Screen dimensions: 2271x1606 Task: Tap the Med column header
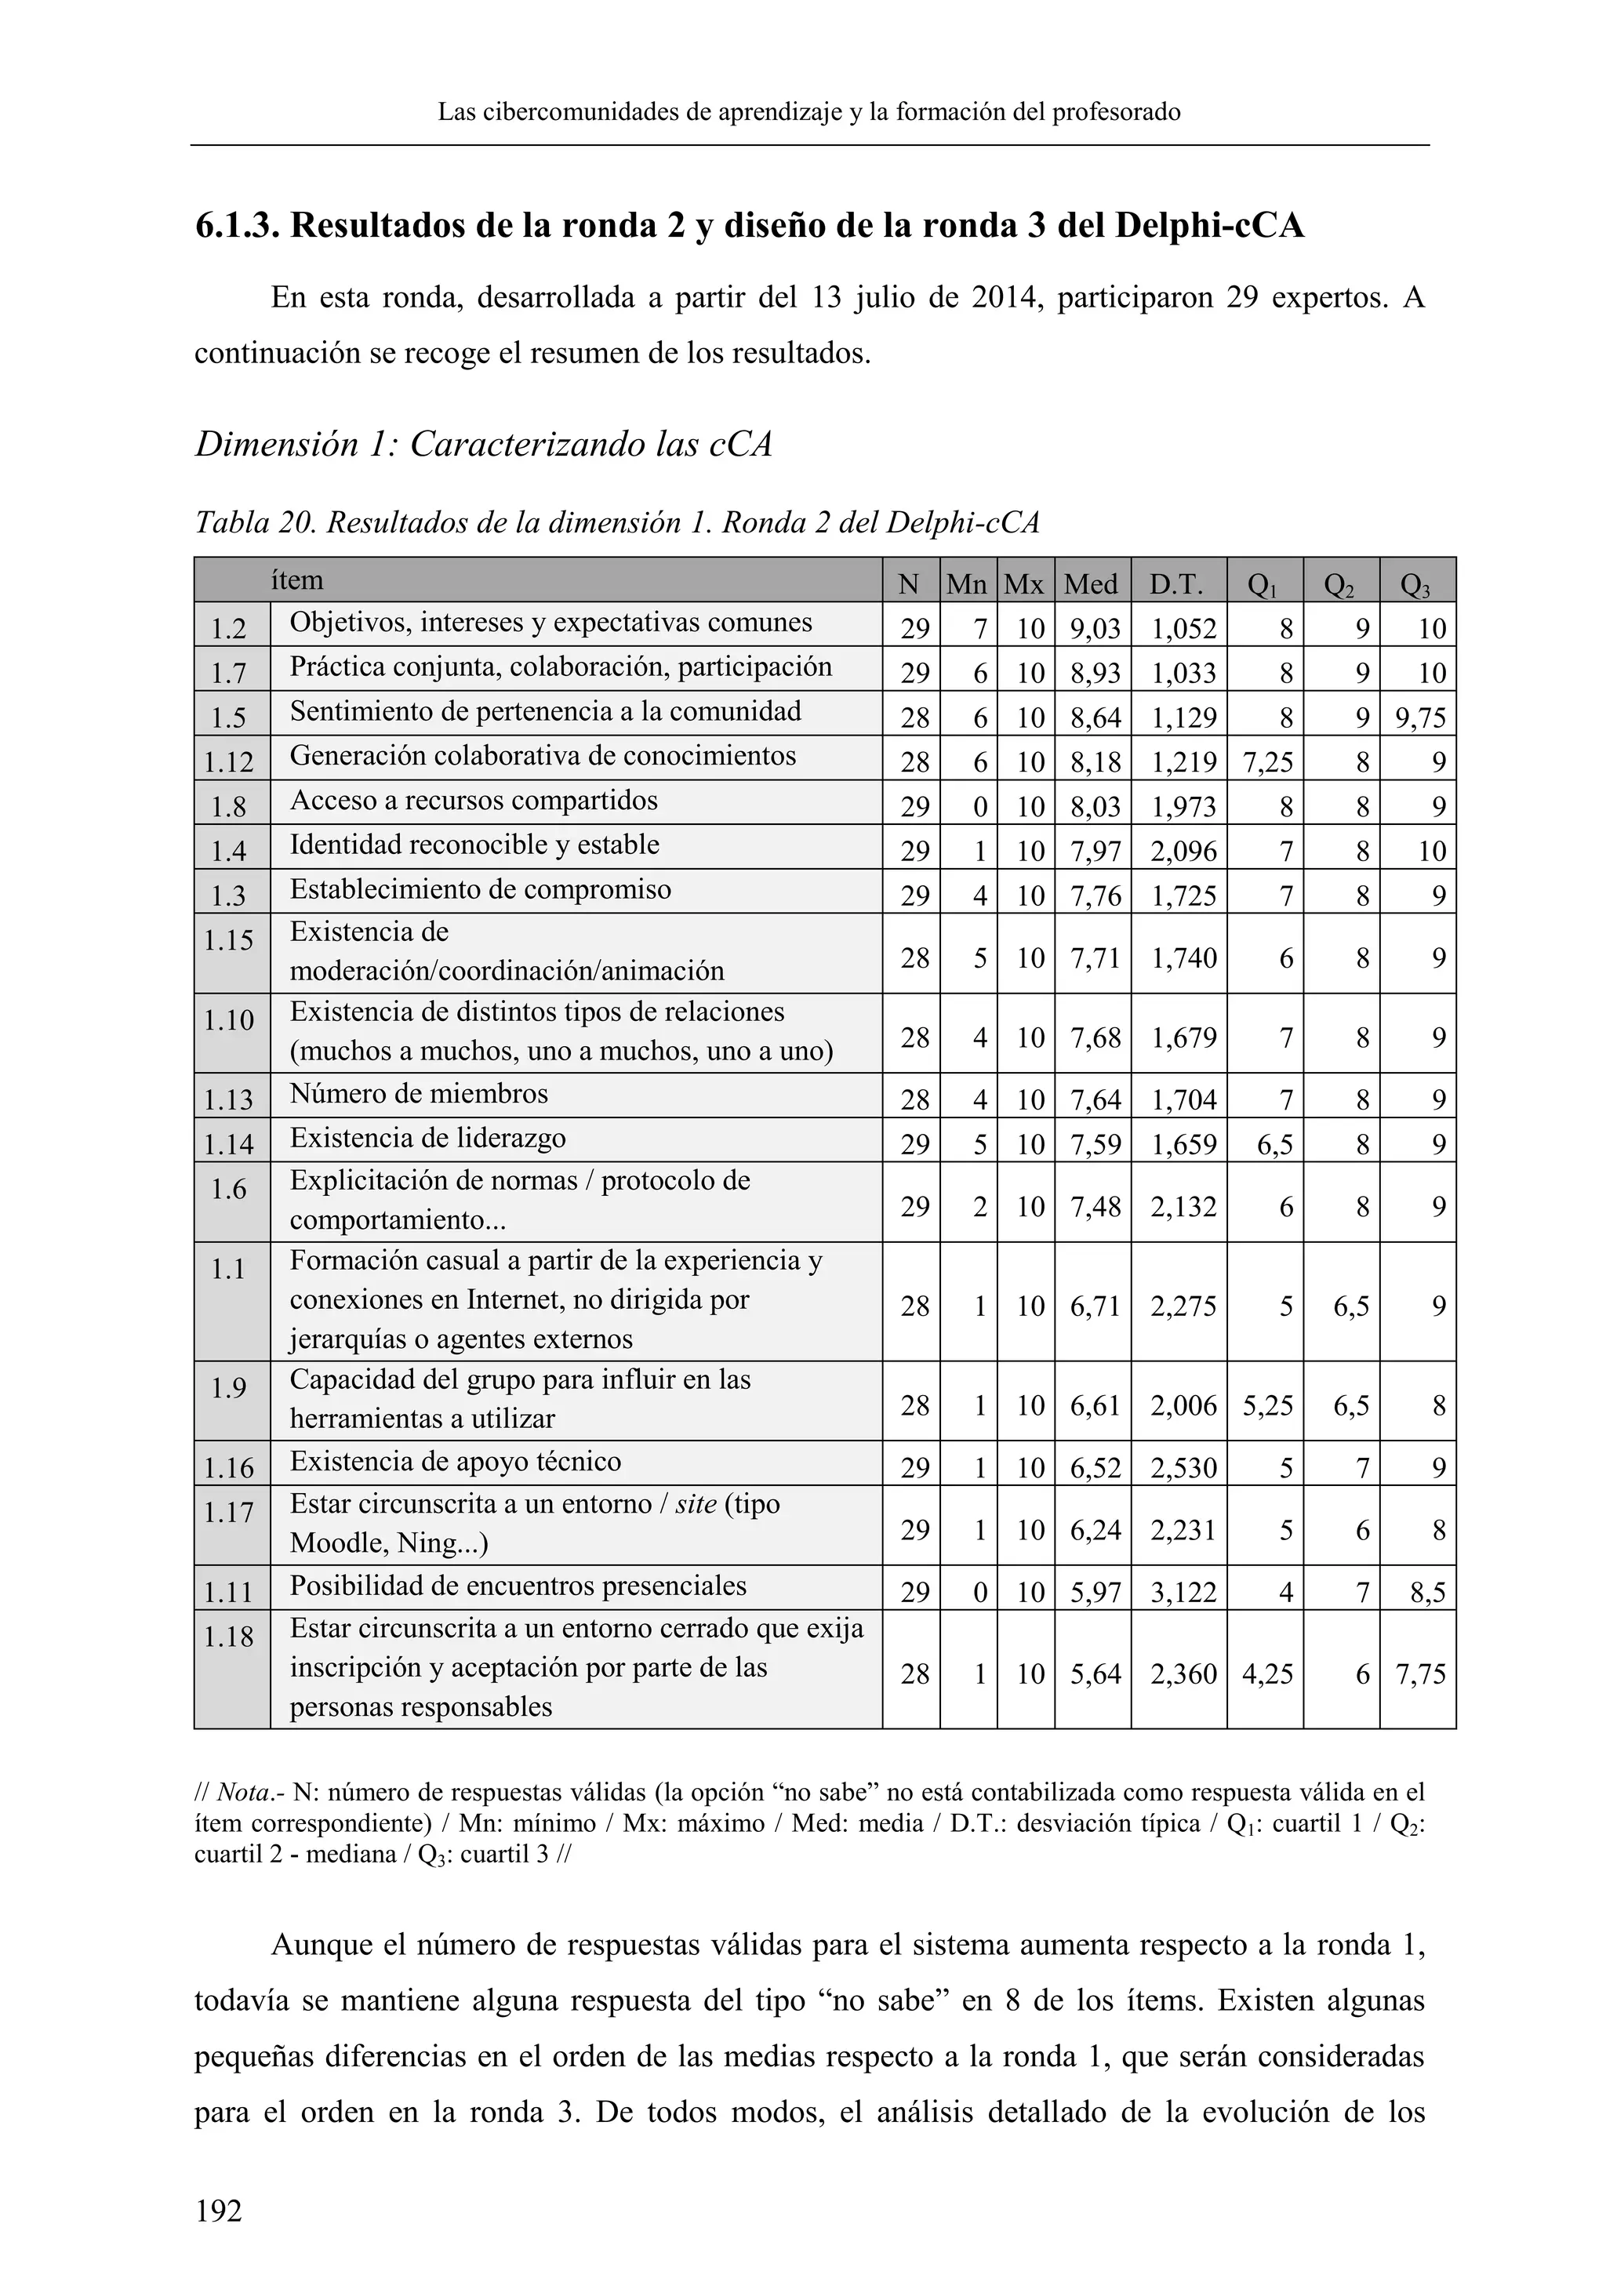(1091, 584)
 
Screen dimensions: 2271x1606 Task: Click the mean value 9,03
(1095, 629)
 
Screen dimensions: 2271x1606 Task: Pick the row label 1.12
(230, 761)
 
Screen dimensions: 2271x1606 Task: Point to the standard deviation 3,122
(1183, 1593)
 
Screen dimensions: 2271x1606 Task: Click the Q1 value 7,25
(1268, 761)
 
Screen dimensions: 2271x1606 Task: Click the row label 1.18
(230, 1637)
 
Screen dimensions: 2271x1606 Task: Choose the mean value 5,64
(1095, 1673)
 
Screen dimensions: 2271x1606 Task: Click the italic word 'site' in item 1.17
(696, 1504)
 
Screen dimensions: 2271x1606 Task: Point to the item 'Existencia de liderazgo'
(427, 1138)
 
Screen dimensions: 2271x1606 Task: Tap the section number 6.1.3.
(235, 227)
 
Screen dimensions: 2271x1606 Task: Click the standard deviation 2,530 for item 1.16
(1183, 1468)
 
